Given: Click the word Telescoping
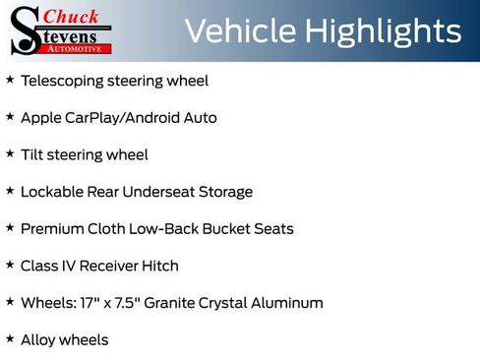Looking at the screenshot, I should (63, 81).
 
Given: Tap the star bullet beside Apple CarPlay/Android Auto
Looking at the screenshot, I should (10, 116).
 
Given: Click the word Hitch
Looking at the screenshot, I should (159, 266).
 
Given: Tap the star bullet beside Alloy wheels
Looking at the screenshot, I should (10, 338).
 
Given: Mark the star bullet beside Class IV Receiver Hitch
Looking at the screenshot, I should (10, 264).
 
